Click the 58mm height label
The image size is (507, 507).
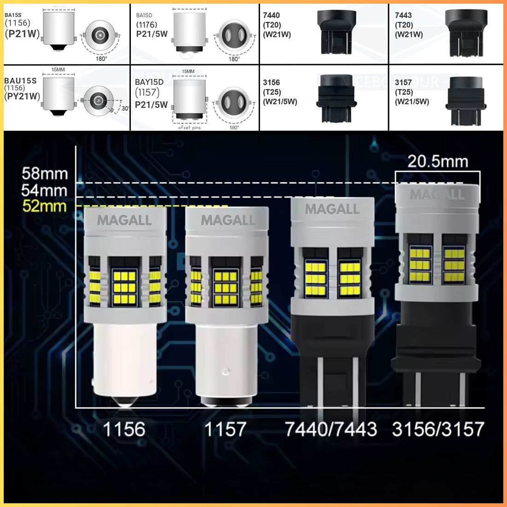pyautogui.click(x=45, y=174)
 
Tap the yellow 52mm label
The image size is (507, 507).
pyautogui.click(x=45, y=206)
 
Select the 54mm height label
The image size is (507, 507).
pyautogui.click(x=45, y=190)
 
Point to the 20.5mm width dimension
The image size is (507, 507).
pyautogui.click(x=437, y=161)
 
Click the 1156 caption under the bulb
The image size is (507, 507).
pyautogui.click(x=124, y=430)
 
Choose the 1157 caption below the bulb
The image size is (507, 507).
pyautogui.click(x=225, y=430)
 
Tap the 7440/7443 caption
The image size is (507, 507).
pyautogui.click(x=331, y=430)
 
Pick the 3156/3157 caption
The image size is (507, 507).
pyautogui.click(x=438, y=430)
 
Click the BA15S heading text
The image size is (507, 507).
pyautogui.click(x=13, y=15)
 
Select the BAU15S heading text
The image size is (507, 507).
pyautogui.click(x=20, y=81)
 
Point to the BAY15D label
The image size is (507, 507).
pyautogui.click(x=149, y=82)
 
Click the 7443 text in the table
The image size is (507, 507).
pyautogui.click(x=403, y=15)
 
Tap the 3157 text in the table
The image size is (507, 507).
pyautogui.click(x=403, y=82)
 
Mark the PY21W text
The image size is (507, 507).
pyautogui.click(x=22, y=96)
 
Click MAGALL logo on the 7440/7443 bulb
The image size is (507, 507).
pyautogui.click(x=332, y=209)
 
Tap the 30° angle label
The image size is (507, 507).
pyautogui.click(x=124, y=108)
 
